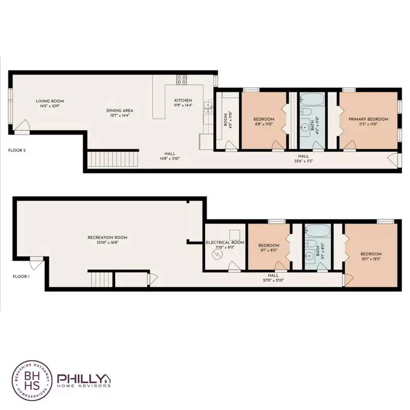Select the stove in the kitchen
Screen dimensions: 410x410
182,79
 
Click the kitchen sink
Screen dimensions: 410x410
208,107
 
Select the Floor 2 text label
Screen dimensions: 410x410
17,151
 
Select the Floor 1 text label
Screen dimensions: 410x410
21,276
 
